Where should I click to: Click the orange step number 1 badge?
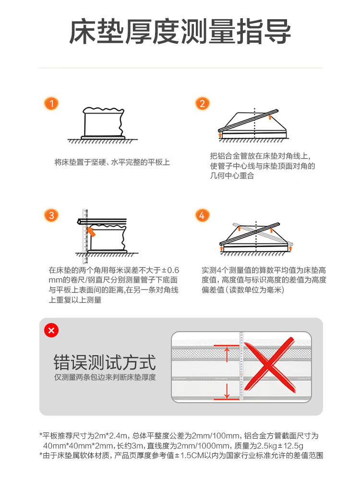point(51,103)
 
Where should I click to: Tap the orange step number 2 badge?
point(202,103)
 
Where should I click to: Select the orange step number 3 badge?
point(51,215)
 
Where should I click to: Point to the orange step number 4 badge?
point(202,215)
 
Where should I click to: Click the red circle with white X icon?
point(51,330)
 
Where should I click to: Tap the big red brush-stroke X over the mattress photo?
point(270,365)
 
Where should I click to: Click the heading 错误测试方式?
point(105,362)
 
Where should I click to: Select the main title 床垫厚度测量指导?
point(180,32)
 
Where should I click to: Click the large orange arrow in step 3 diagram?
point(91,232)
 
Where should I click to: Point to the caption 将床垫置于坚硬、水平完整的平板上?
point(112,162)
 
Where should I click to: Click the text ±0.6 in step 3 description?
point(170,270)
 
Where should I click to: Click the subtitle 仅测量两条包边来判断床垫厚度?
point(105,377)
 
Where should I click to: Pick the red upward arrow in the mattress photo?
point(227,353)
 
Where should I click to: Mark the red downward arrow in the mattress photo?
point(227,391)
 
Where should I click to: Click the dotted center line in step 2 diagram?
point(254,123)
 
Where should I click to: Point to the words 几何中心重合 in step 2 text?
point(232,176)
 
